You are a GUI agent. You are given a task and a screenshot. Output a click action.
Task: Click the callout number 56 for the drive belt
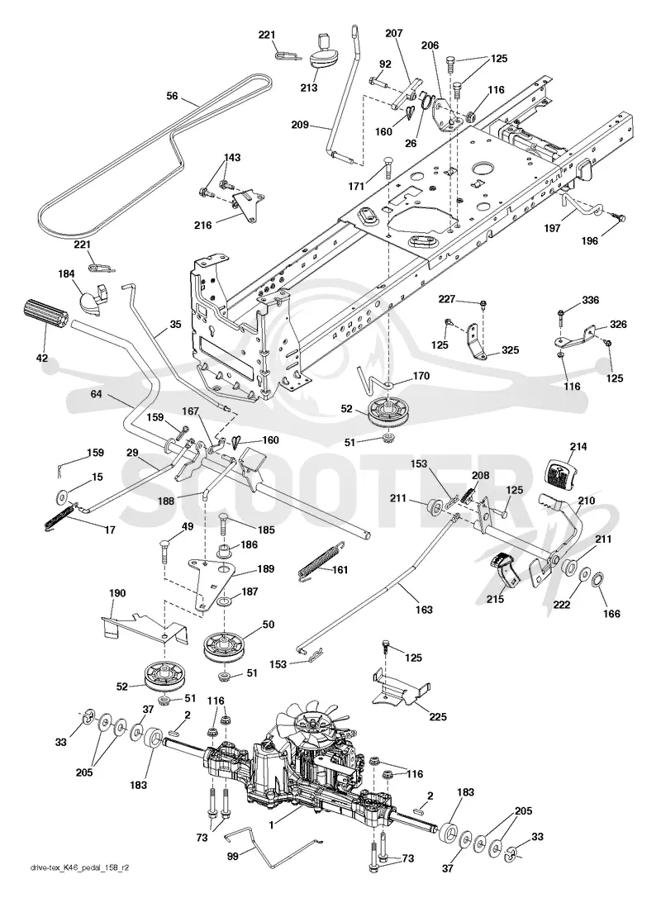point(172,96)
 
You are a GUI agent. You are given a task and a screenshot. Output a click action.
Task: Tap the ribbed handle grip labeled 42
point(45,315)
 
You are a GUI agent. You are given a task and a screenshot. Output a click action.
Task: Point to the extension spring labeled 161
point(318,564)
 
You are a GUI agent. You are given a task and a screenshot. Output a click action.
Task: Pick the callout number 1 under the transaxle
point(272,825)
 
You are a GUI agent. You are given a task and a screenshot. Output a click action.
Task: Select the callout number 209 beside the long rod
point(300,124)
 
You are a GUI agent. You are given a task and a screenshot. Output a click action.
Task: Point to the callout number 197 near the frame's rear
point(552,229)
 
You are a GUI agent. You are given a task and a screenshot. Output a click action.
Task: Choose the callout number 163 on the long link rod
point(424,610)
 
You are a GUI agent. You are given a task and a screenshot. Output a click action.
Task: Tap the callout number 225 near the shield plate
point(438,716)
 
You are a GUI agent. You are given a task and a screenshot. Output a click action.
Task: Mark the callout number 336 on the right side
point(591,300)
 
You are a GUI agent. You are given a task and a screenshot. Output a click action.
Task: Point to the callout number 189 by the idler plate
point(265,568)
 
